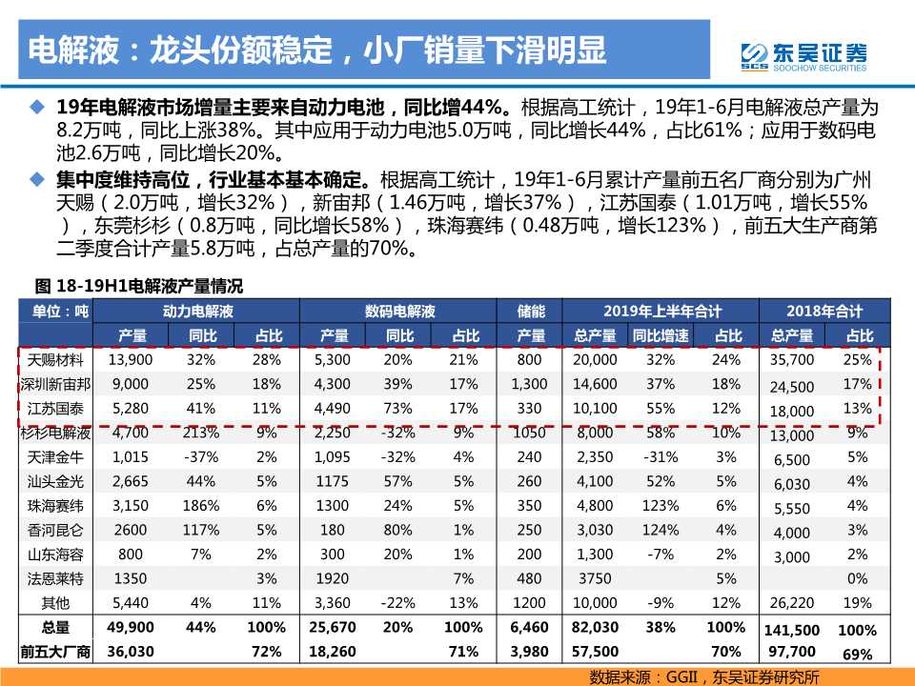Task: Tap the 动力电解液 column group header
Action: (x=198, y=312)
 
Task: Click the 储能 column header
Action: (x=530, y=312)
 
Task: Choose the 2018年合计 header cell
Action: (x=824, y=312)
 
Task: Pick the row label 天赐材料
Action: (x=55, y=360)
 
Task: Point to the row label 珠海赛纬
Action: (x=55, y=506)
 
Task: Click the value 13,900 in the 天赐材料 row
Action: (x=131, y=360)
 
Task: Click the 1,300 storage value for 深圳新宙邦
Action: (x=530, y=384)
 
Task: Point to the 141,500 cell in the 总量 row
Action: (x=791, y=630)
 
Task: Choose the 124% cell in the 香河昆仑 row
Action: (x=660, y=530)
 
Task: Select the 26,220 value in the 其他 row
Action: (x=791, y=603)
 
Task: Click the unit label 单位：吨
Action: (x=55, y=312)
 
